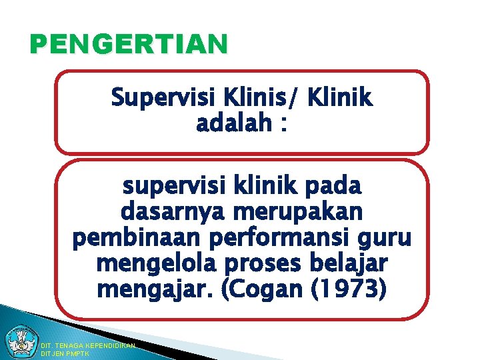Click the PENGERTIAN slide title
tap(129, 45)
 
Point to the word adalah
tap(233, 124)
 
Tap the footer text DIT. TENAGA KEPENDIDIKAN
tap(88, 346)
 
